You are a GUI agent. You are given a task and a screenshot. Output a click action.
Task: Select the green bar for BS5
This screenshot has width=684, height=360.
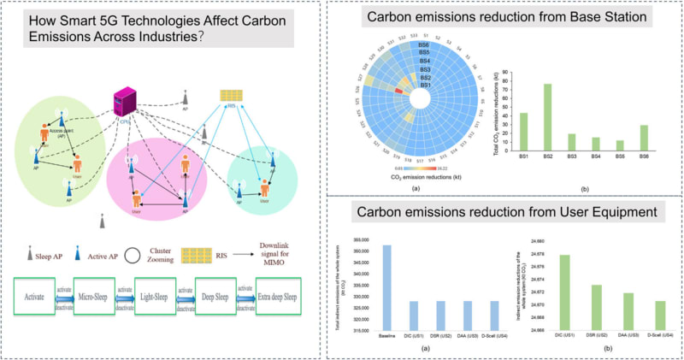coord(620,145)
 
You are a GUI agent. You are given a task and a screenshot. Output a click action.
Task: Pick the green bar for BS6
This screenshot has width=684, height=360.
coord(644,138)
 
